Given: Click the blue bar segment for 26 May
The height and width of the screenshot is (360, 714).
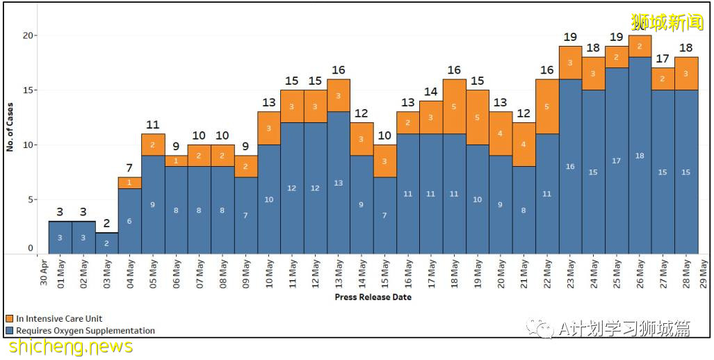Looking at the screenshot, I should pyautogui.click(x=640, y=156).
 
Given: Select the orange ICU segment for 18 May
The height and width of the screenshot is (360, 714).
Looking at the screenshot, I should pyautogui.click(x=454, y=106).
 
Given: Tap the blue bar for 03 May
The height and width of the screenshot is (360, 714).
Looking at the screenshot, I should pyautogui.click(x=106, y=243).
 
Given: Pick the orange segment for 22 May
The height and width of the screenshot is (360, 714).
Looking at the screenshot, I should pyautogui.click(x=547, y=106).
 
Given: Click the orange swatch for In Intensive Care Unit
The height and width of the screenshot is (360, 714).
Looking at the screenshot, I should pyautogui.click(x=9, y=319).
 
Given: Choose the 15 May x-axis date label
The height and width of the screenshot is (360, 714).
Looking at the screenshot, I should pyautogui.click(x=384, y=273).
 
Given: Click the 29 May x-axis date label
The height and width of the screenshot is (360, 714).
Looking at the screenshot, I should pyautogui.click(x=704, y=273).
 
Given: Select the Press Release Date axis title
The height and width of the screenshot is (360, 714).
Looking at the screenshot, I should pyautogui.click(x=373, y=297).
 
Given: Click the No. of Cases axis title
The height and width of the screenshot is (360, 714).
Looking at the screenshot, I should pyautogui.click(x=10, y=127).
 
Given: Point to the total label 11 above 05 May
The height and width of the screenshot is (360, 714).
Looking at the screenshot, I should pyautogui.click(x=152, y=125).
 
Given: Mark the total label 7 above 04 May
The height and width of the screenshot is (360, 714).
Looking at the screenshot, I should pyautogui.click(x=129, y=169).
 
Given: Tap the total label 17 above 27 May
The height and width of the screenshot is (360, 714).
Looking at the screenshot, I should pyautogui.click(x=663, y=59).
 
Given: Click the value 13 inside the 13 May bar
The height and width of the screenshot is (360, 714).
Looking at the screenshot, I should pyautogui.click(x=338, y=183).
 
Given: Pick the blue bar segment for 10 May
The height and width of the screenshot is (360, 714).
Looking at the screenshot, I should pyautogui.click(x=268, y=199).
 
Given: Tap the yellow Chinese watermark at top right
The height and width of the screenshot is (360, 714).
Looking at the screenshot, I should pyautogui.click(x=667, y=22).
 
